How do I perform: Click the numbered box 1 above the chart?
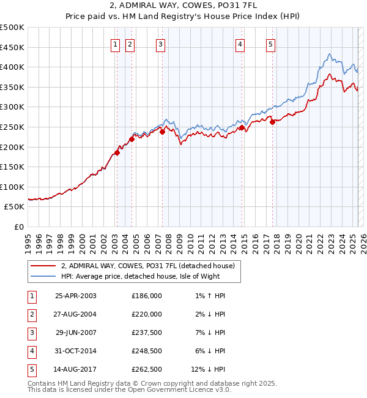point(116,43)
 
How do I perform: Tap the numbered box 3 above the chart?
point(160,43)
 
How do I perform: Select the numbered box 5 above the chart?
point(270,43)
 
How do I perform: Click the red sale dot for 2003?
point(117,153)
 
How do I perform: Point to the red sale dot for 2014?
point(242,128)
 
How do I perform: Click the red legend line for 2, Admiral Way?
point(43,266)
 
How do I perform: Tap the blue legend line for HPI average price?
point(43,276)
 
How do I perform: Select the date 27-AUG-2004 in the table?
point(76,314)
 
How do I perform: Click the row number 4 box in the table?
point(31,351)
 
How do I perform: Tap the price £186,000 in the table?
point(147,296)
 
